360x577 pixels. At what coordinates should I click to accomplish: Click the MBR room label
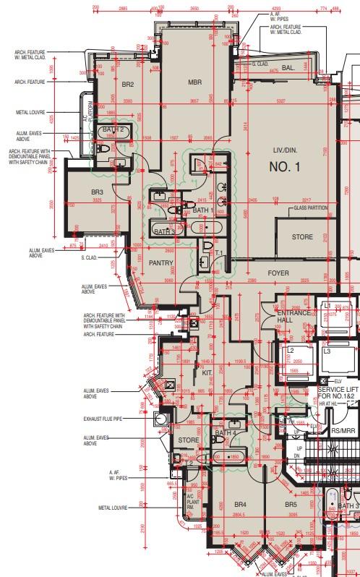pyautogui.click(x=194, y=82)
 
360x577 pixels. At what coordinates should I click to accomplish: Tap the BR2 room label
pyautogui.click(x=128, y=85)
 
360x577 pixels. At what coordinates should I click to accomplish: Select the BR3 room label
pyautogui.click(x=98, y=192)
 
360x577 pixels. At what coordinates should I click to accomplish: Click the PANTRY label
pyautogui.click(x=159, y=264)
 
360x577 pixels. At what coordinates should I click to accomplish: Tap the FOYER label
pyautogui.click(x=278, y=273)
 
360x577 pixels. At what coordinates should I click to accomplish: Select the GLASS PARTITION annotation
pyautogui.click(x=310, y=208)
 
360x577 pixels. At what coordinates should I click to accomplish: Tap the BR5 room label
pyautogui.click(x=291, y=524)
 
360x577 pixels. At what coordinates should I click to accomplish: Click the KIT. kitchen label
pyautogui.click(x=207, y=372)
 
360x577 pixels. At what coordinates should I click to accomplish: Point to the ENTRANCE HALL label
pyautogui.click(x=295, y=317)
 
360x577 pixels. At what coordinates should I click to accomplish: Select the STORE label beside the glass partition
pyautogui.click(x=302, y=237)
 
